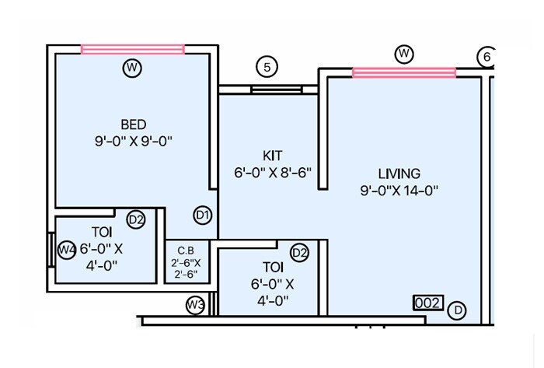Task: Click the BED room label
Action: (x=133, y=124)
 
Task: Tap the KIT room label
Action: (x=272, y=156)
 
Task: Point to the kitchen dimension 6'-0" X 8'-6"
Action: (x=272, y=173)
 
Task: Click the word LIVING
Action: (x=399, y=173)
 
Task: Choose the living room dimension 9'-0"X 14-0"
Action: (x=399, y=190)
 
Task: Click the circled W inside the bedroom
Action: (x=132, y=68)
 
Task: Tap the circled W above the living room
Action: (x=403, y=54)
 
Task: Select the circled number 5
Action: (x=267, y=68)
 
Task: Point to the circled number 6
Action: (x=486, y=57)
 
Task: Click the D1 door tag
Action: (x=203, y=215)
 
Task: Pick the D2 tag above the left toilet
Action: (x=136, y=220)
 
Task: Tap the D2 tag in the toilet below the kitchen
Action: (x=300, y=252)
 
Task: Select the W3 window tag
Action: (x=195, y=305)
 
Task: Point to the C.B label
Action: (x=185, y=251)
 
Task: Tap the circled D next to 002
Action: (x=459, y=310)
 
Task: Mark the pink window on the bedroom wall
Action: (x=132, y=49)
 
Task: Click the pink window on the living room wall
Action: (x=404, y=72)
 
